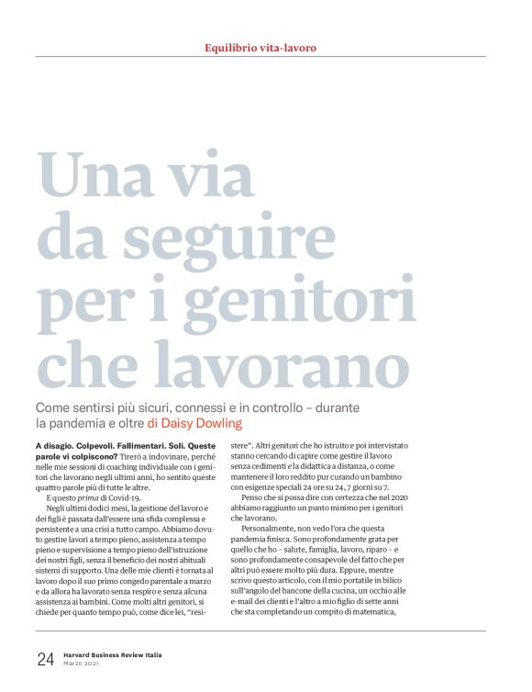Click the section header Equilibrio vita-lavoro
point(265,47)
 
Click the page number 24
point(46,658)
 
